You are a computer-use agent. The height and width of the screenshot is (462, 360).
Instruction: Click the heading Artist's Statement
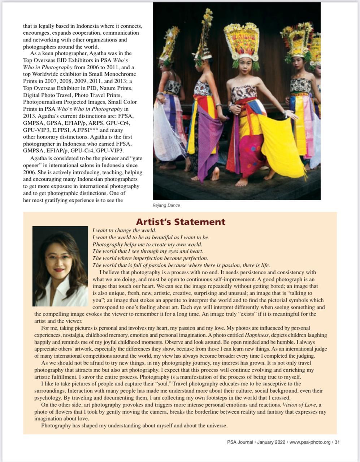(x=181, y=222)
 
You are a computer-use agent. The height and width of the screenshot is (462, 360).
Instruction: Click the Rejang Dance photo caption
(x=166, y=205)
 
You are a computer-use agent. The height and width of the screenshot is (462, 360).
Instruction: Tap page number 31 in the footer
(x=337, y=442)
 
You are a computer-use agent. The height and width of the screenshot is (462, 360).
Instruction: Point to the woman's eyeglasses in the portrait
(x=58, y=258)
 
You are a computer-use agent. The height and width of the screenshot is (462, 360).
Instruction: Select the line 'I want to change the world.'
(x=124, y=230)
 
